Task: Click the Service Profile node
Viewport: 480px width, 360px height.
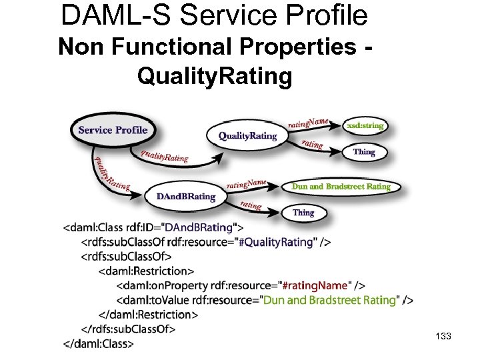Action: [x=113, y=130]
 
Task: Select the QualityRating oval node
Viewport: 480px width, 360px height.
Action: [x=247, y=136]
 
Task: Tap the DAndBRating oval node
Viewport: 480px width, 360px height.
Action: [x=186, y=197]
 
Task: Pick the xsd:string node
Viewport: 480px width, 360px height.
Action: [x=364, y=125]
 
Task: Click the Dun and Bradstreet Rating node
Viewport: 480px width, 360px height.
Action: [x=341, y=187]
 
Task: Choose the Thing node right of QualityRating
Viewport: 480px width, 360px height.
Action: [x=364, y=152]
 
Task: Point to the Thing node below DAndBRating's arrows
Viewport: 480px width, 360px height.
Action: [x=303, y=213]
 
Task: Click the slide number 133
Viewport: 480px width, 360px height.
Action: [x=442, y=337]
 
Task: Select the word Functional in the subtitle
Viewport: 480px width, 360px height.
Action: [x=167, y=48]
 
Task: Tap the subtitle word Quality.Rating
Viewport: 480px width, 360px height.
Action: [x=215, y=76]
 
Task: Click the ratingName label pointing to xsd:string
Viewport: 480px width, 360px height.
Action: [x=308, y=121]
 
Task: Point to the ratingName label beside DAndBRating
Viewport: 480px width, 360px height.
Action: [x=247, y=183]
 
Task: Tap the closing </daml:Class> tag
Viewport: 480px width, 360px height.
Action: [x=99, y=343]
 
